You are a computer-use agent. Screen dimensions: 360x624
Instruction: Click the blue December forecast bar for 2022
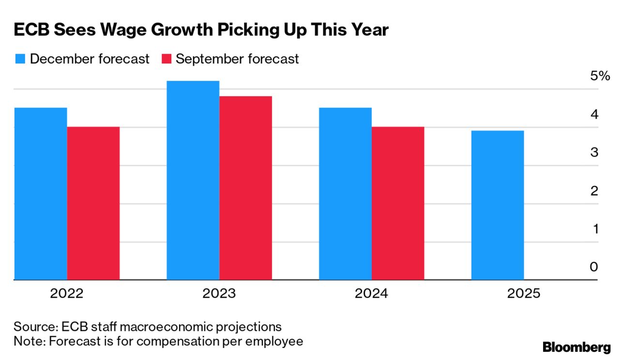click(41, 194)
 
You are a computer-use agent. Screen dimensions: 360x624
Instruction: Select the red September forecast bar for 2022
click(93, 203)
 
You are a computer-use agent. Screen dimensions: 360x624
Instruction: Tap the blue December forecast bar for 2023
click(193, 180)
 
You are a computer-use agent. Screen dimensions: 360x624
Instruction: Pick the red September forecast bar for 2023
click(245, 188)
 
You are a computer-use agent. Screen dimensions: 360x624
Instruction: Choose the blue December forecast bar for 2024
click(345, 194)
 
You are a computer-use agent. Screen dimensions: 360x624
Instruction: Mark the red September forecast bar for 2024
click(398, 203)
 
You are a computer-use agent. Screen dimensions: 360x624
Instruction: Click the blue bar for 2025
click(497, 205)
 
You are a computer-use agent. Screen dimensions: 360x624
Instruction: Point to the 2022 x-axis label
click(67, 294)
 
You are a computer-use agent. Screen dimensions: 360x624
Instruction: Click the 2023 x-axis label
click(219, 294)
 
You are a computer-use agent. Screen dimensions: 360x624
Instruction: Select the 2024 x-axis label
click(371, 294)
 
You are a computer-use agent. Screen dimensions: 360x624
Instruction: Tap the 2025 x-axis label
click(523, 294)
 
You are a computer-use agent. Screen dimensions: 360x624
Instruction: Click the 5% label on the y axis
click(600, 76)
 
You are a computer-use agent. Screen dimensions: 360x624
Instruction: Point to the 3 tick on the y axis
click(594, 152)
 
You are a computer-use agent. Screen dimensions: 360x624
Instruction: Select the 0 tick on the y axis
click(594, 267)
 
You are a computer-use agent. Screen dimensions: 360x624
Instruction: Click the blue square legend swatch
click(20, 59)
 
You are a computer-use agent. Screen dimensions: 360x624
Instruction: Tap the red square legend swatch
click(166, 59)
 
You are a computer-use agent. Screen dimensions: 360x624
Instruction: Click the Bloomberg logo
click(577, 347)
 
